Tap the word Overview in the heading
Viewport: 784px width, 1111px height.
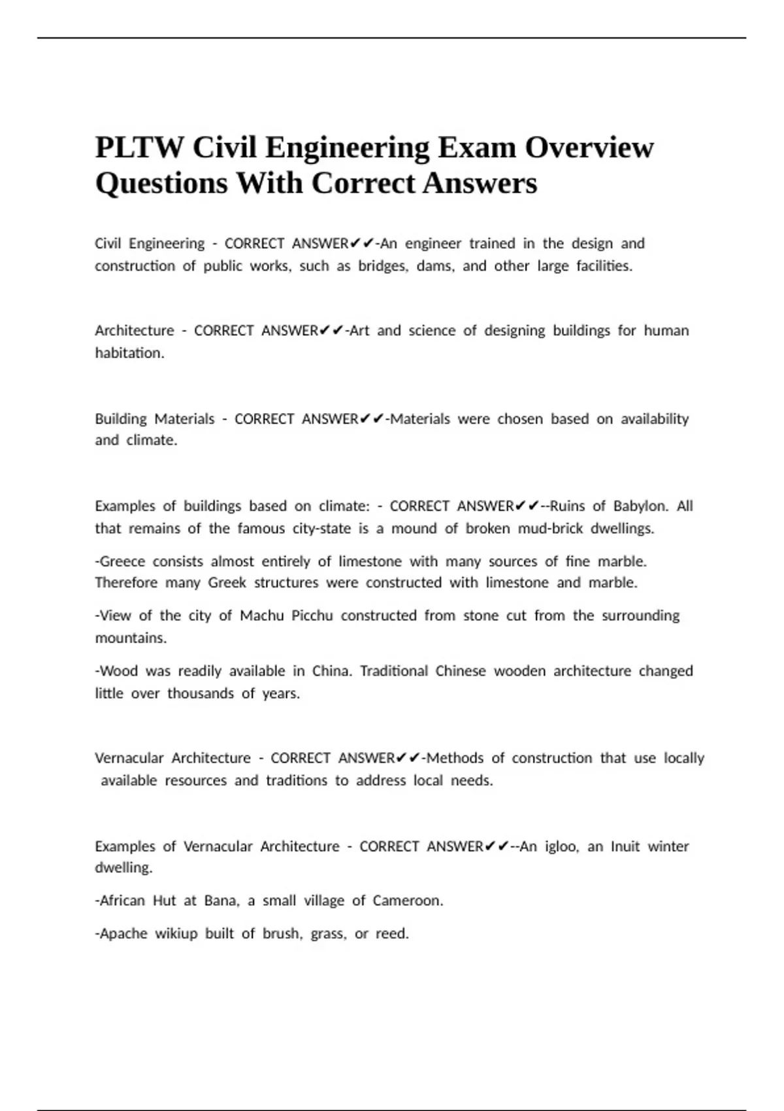(x=589, y=148)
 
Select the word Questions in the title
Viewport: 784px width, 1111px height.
(x=161, y=183)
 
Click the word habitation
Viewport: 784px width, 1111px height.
(x=129, y=353)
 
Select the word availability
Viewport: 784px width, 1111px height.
(x=655, y=418)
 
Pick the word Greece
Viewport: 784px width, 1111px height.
(x=122, y=561)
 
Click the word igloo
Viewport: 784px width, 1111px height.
(x=562, y=846)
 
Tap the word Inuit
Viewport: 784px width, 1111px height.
(x=625, y=846)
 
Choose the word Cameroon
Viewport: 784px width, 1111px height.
(x=408, y=901)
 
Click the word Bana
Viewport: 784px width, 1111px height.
(x=221, y=901)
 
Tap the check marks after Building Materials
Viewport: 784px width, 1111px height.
(x=372, y=418)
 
